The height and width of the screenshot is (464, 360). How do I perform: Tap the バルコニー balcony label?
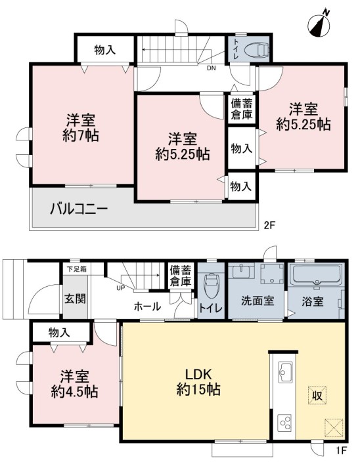[x=79, y=210]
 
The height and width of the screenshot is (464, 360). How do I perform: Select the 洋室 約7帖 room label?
[x=81, y=127]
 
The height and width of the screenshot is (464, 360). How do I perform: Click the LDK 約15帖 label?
[x=198, y=382]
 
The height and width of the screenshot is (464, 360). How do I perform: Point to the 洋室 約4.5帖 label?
[x=74, y=384]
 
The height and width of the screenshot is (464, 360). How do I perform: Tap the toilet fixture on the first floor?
[x=211, y=285]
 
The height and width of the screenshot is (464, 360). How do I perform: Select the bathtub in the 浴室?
[x=317, y=275]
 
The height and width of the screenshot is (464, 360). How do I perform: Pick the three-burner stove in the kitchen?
[x=285, y=423]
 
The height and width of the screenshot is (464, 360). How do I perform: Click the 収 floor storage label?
[x=317, y=395]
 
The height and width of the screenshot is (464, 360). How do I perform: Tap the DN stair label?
[x=212, y=68]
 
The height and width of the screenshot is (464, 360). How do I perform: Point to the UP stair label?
[x=121, y=287]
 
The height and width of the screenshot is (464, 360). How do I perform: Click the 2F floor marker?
[x=270, y=225]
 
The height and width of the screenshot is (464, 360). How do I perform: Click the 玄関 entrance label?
[x=76, y=299]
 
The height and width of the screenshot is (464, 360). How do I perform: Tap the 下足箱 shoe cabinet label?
[x=77, y=270]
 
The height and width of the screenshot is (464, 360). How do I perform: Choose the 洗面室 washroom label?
[x=257, y=301]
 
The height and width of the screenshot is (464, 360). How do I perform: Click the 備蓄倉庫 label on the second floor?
[x=242, y=109]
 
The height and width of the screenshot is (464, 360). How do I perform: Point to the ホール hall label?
[x=147, y=306]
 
